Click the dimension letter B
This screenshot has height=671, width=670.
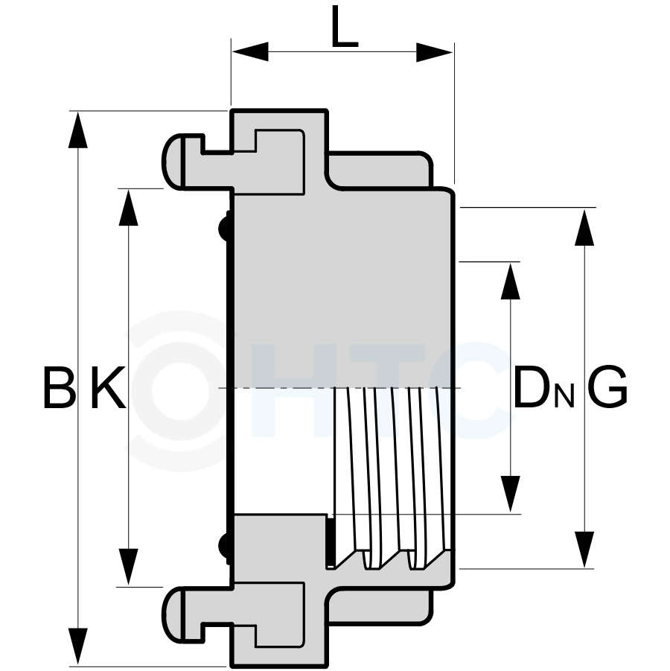click(x=60, y=387)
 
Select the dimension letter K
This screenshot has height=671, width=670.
click(x=109, y=387)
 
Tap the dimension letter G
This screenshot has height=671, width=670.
click(x=608, y=387)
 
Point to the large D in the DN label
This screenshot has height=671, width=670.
click(x=532, y=387)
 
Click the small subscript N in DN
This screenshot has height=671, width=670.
click(x=564, y=398)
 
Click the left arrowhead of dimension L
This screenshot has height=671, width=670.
click(x=250, y=52)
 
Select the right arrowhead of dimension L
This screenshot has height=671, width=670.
click(x=435, y=52)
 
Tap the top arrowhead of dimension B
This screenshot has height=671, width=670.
click(x=78, y=130)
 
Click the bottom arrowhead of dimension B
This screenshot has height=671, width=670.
click(x=78, y=646)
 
